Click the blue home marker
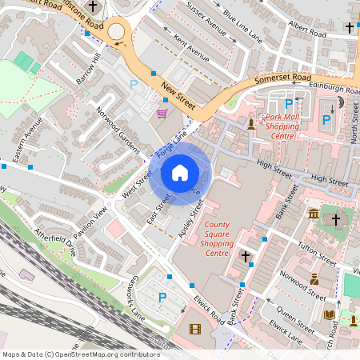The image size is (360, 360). (180, 172)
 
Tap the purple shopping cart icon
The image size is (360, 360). (162, 114)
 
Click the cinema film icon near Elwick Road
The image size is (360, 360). (195, 329)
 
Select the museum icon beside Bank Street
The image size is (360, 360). (313, 214)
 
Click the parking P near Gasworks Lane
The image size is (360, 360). (162, 298)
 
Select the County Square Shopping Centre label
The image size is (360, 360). (218, 239)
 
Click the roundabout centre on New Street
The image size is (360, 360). (117, 32)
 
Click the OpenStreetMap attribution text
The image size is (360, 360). (80, 354)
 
